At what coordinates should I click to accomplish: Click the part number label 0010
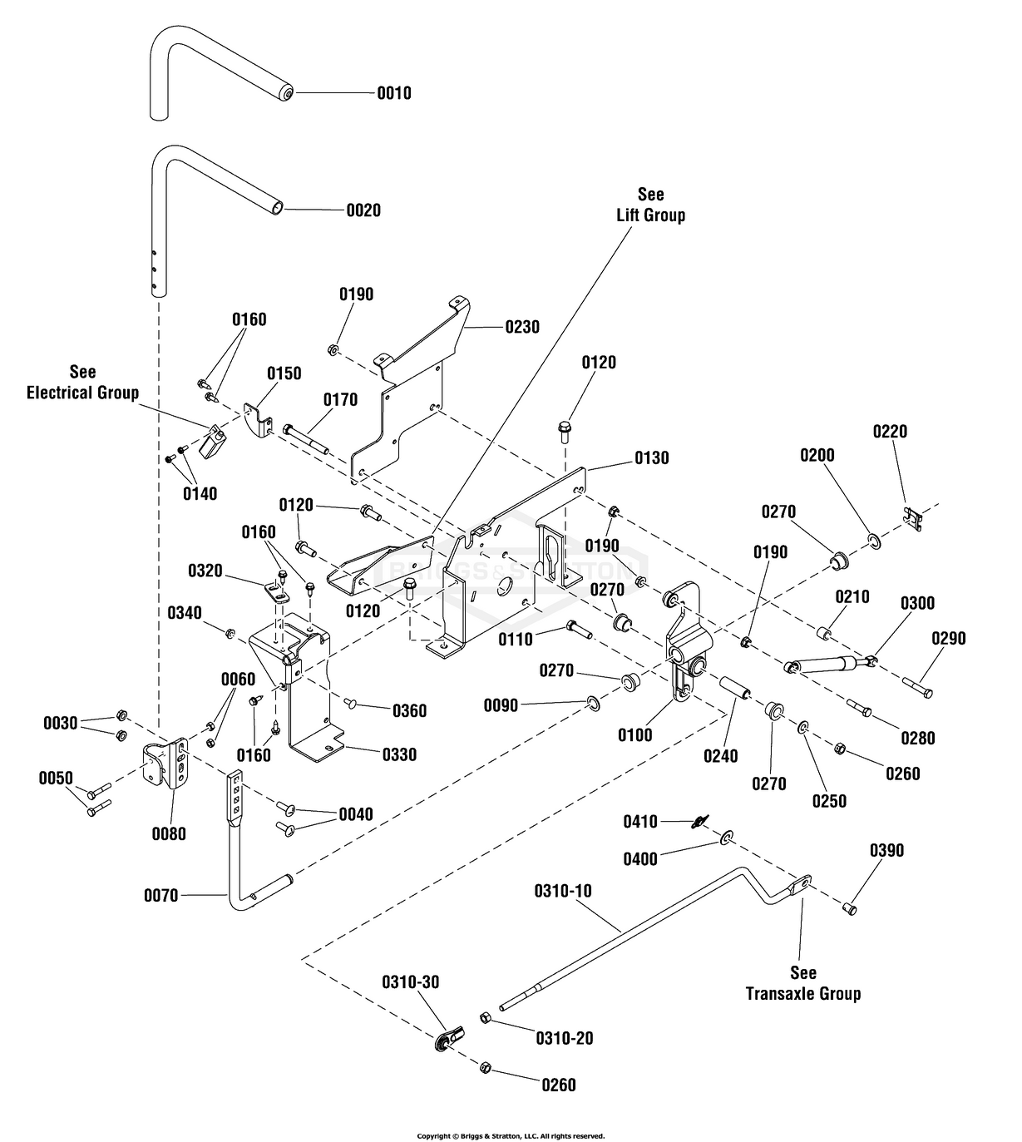[393, 93]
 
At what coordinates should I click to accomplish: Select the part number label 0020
[363, 210]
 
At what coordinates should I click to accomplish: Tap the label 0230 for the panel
[522, 327]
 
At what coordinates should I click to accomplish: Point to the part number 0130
[651, 458]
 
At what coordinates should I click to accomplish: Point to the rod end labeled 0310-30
[448, 1036]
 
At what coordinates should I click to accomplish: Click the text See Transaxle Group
[802, 983]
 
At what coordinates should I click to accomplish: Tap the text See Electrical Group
[82, 383]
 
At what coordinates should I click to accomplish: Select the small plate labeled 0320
[274, 591]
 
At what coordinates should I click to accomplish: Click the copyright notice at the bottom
[511, 1135]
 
